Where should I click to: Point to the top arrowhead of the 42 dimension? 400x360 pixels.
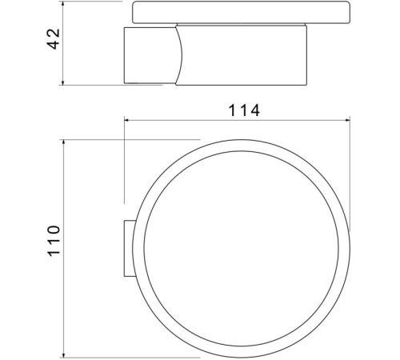coord(63,6)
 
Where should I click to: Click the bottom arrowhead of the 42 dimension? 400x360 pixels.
coord(63,82)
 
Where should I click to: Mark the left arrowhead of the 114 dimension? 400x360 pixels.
coord(126,122)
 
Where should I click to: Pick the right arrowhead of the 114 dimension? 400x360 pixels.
coord(346,122)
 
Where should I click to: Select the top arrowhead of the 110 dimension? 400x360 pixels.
coord(63,141)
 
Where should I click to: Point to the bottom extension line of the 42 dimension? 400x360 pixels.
coord(92,84)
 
